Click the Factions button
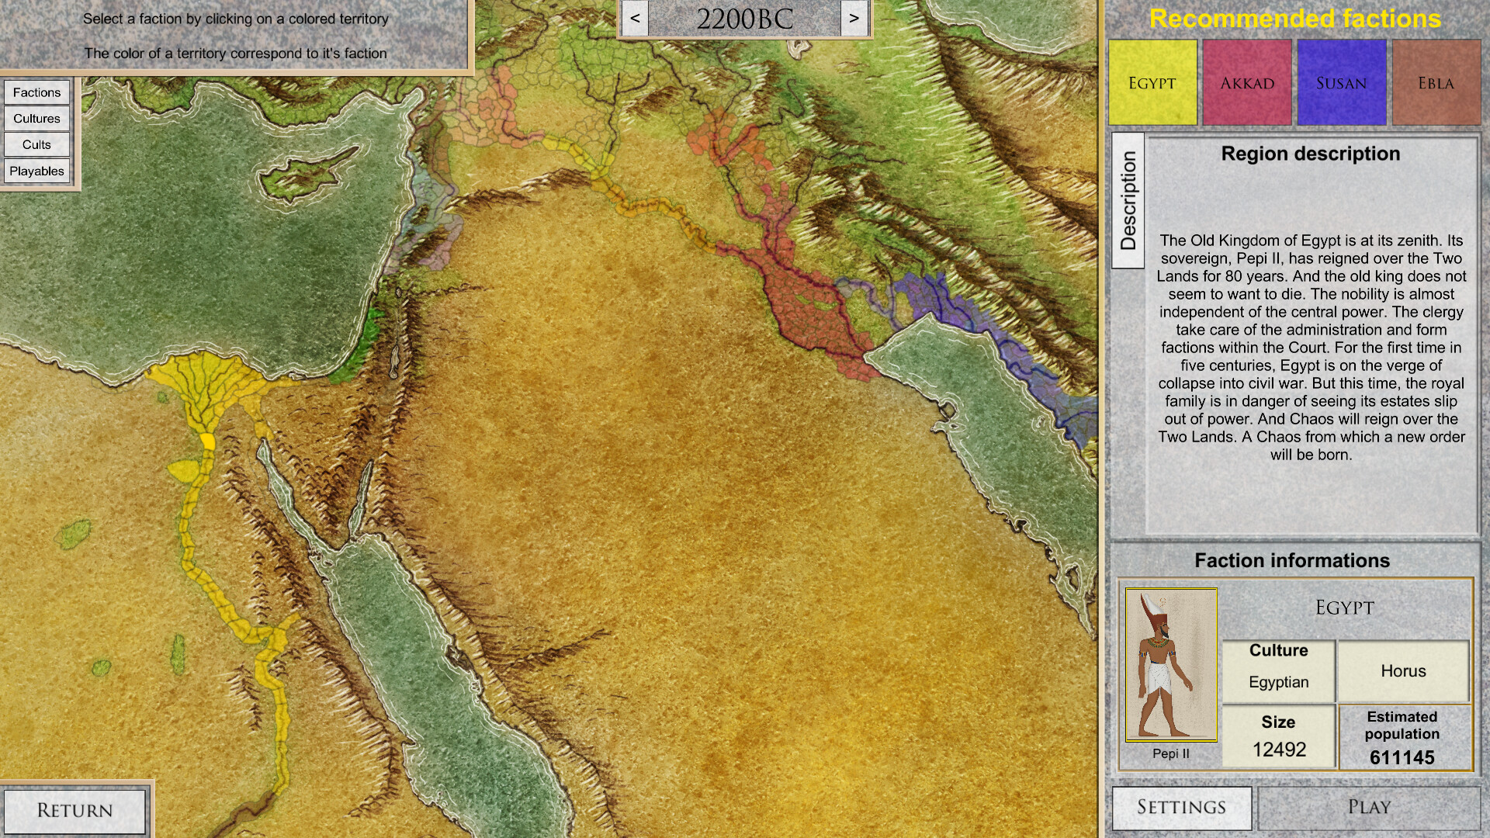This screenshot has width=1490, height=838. coord(36,92)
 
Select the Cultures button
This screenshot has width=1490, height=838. coord(36,119)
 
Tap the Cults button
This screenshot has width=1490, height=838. coord(36,145)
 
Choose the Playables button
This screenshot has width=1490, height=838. coord(36,171)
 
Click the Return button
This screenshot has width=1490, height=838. coord(74,810)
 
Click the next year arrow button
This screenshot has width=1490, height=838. coord(854,19)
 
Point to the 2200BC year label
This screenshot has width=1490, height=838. coord(744,19)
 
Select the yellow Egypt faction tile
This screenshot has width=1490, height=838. coord(1152,83)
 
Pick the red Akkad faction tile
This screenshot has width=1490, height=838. coord(1247,83)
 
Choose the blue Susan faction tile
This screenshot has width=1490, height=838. coord(1342,83)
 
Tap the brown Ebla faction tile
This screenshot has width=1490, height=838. coord(1436,83)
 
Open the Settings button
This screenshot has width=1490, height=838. coord(1181,808)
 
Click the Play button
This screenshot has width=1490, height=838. coord(1369,808)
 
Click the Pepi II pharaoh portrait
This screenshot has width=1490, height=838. coord(1171,665)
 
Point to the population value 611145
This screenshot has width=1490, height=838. coord(1402,757)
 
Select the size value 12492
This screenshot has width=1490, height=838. coord(1279,750)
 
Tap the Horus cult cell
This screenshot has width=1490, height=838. coord(1403,671)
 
